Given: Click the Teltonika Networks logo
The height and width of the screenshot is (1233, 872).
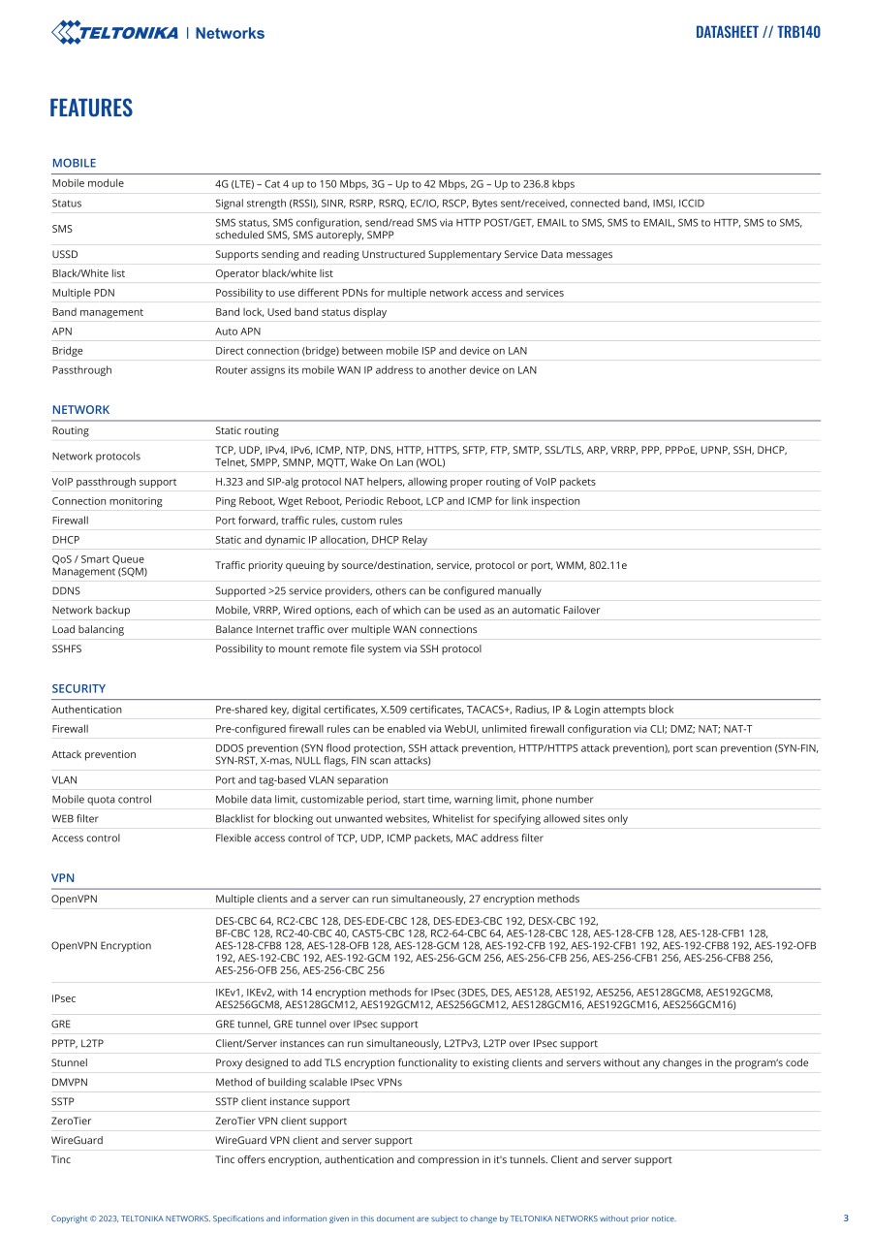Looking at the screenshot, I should pos(158,33).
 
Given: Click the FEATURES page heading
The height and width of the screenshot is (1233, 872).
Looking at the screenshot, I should pos(91,108).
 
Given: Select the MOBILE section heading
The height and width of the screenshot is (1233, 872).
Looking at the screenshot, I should pos(74,163).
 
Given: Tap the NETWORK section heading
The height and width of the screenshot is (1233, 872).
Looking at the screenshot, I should pos(80,409).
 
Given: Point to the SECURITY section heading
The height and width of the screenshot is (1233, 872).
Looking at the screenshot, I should pos(78,688).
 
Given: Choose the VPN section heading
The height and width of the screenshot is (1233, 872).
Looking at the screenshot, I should pos(63,877).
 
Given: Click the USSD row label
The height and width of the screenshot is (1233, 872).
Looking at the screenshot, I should pos(65,254).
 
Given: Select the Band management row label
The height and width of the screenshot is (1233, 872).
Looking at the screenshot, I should pos(97,312).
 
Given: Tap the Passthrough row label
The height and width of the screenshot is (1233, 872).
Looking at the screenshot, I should pos(81,370).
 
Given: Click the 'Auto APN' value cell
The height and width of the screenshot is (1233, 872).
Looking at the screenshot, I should pos(237,332).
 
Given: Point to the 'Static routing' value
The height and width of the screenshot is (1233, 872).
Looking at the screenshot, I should pos(246,430).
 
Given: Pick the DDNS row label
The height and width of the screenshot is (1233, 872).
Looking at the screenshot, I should pos(66,590).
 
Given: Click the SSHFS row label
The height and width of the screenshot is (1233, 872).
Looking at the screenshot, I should pos(67,648).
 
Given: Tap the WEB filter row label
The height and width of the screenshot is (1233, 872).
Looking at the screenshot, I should pos(75,818).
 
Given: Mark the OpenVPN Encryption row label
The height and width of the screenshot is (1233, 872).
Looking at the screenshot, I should pos(101,945).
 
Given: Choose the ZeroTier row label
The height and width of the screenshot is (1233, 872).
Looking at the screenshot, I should pos(71,1121).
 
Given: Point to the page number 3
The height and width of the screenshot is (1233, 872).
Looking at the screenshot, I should pos(846,1218).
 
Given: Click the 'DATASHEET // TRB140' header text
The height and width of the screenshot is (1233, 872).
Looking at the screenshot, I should pos(758,32).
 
